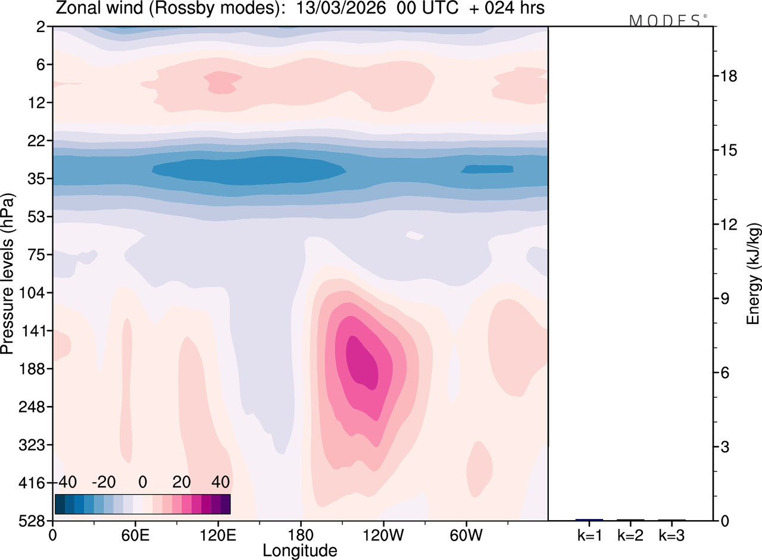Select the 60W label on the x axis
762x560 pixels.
pos(466,534)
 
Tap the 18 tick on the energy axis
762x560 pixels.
pos(729,76)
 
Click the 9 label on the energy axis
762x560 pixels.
pos(724,298)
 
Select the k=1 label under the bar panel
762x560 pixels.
pos(589,536)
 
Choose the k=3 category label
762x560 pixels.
pos(672,536)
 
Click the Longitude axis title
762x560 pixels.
pos(300,550)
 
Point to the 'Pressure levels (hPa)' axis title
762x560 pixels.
pos(8,273)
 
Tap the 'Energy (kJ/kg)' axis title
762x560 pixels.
pos(754,273)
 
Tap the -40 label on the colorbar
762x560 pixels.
pos(69,481)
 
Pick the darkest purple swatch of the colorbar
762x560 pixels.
pos(225,504)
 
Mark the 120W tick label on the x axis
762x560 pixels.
pos(383,534)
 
